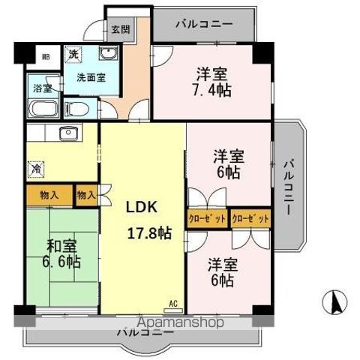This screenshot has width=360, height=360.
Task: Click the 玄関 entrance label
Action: (x=120, y=29)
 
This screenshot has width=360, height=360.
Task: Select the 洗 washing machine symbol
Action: (x=73, y=54)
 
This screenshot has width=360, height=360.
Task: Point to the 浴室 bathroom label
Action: (x=42, y=88)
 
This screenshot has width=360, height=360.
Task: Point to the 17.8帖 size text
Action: (x=148, y=233)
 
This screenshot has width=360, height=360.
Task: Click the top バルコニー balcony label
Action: (x=205, y=24)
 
